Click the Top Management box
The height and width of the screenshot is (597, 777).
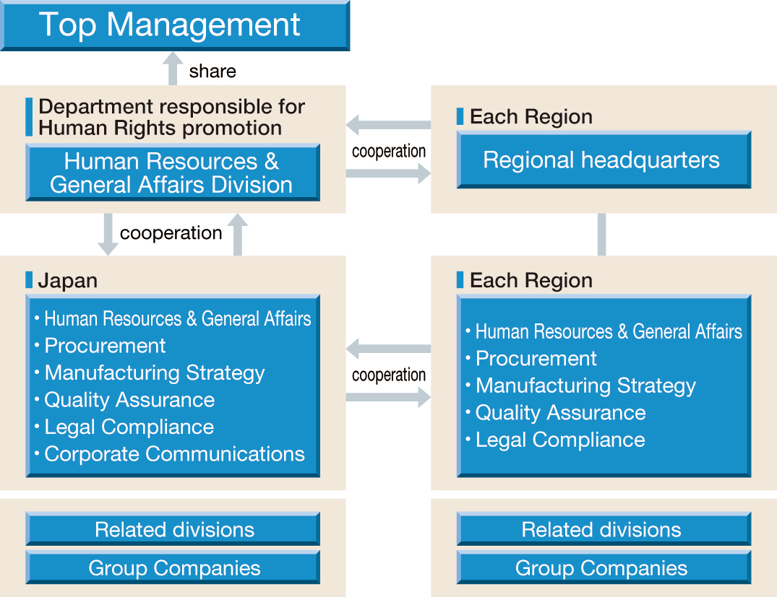tap(175, 25)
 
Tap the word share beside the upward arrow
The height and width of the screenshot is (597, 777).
tap(213, 71)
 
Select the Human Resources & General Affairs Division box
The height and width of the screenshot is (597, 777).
tap(173, 173)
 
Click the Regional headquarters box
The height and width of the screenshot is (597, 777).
tap(604, 160)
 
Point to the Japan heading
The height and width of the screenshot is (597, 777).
tap(67, 281)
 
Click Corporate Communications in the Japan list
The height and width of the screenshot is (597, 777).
tap(174, 454)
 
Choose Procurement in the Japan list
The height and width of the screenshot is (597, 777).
tap(105, 346)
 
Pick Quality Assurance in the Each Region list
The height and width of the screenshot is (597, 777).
tap(560, 413)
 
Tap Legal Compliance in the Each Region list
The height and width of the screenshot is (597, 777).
tap(560, 440)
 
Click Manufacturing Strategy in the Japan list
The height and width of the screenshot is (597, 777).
tap(155, 372)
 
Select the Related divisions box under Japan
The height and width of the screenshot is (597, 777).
tap(173, 529)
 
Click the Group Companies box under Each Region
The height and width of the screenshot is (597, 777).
tap(604, 567)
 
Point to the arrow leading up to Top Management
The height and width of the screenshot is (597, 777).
tap(173, 69)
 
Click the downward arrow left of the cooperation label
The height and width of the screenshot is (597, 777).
tap(108, 234)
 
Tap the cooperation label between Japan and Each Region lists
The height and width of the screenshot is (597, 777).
tap(389, 375)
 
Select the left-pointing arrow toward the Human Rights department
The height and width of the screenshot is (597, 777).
tap(389, 125)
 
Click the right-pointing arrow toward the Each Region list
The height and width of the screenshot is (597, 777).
tap(389, 397)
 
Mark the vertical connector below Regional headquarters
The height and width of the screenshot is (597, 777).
tap(601, 235)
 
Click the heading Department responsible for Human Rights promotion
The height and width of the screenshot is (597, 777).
tap(171, 117)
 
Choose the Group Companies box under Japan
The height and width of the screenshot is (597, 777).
tap(173, 567)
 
